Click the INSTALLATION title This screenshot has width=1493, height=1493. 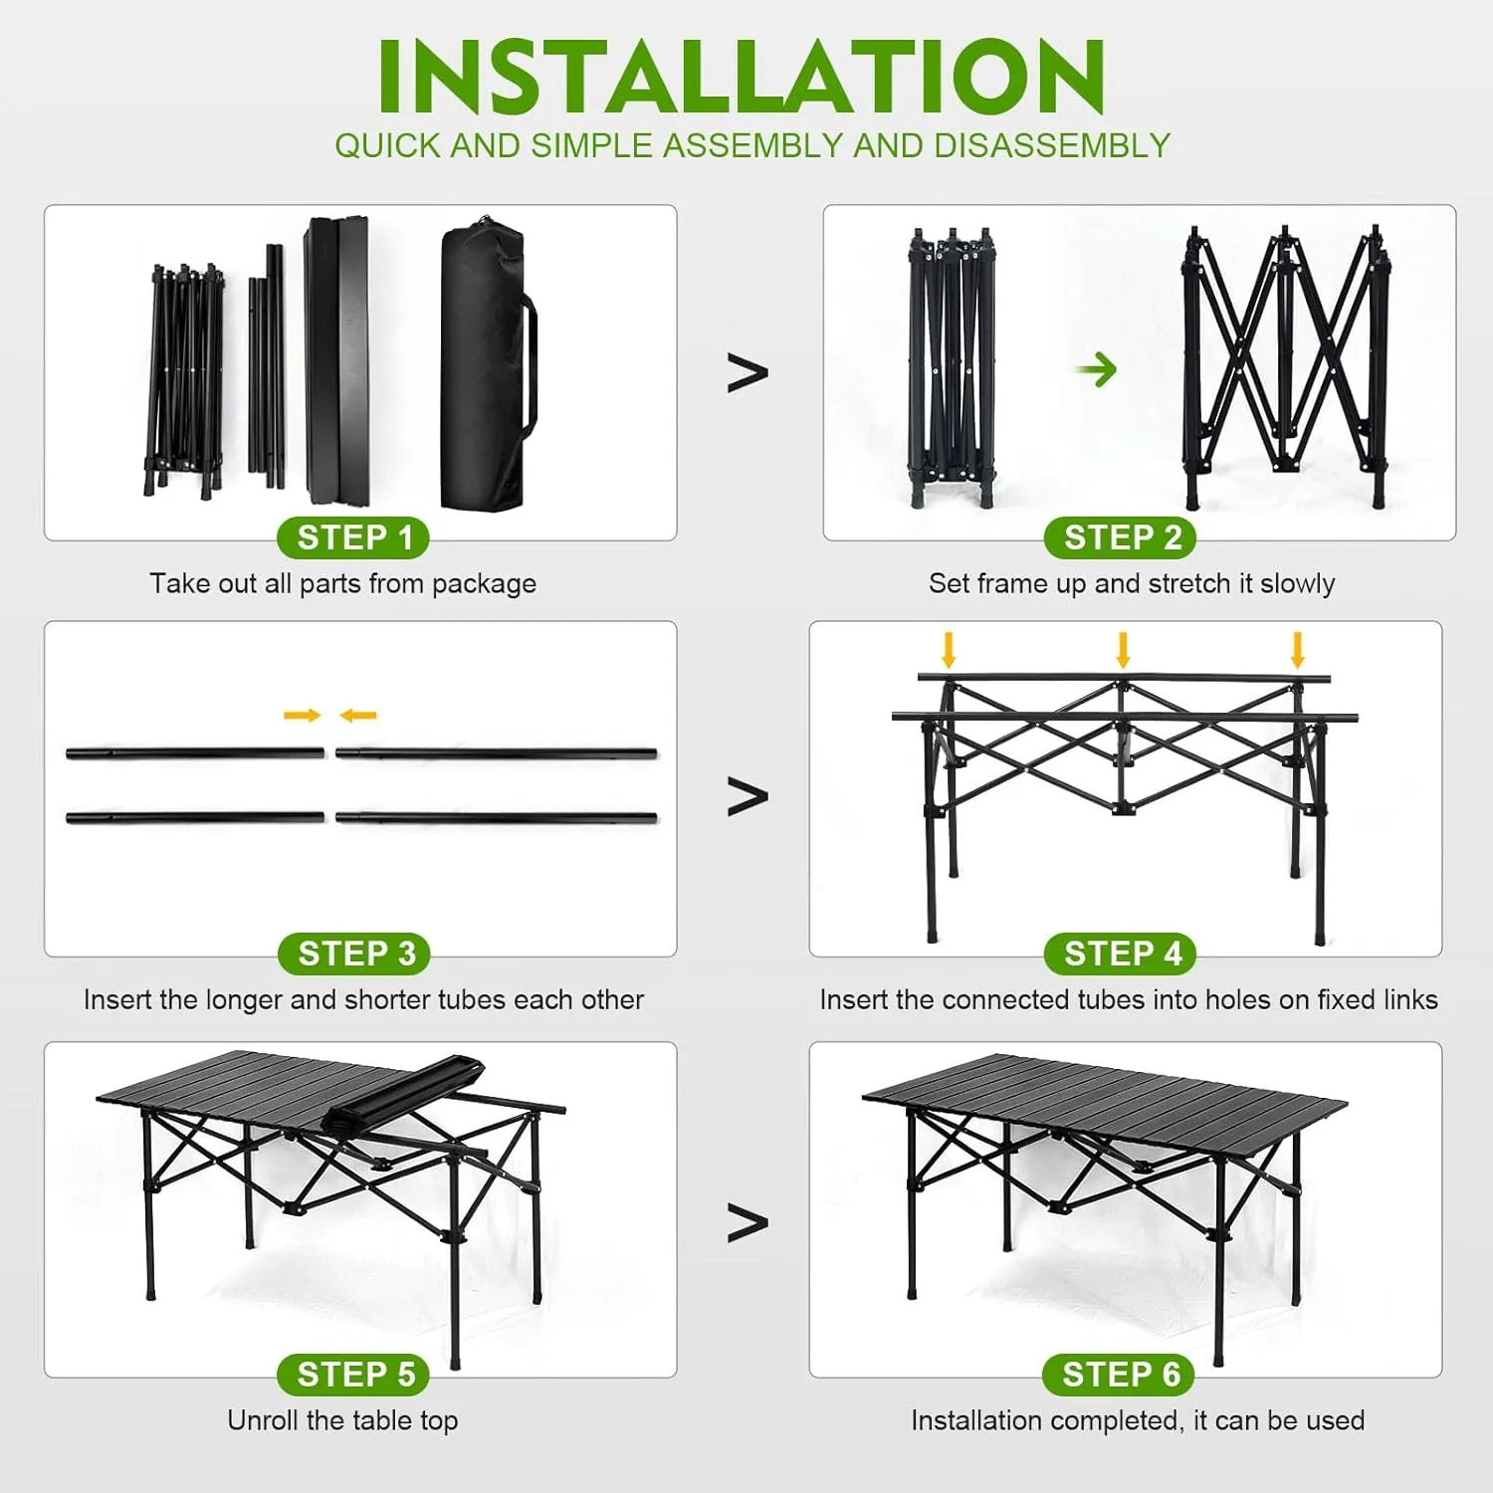tap(742, 78)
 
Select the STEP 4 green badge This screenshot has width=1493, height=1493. tap(1121, 954)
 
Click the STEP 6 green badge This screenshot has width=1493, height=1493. tap(1119, 1375)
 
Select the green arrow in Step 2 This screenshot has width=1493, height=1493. tap(1097, 369)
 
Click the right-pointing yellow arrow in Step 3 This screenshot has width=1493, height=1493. tap(302, 715)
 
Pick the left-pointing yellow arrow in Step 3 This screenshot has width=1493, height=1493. tap(358, 715)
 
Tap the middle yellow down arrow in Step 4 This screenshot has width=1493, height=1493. tap(1123, 649)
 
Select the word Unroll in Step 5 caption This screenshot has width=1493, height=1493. tap(263, 1420)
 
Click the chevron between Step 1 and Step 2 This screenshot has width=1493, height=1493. tap(747, 372)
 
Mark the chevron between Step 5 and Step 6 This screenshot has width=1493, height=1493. tap(747, 1222)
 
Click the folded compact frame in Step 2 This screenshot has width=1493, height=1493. tap(951, 368)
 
